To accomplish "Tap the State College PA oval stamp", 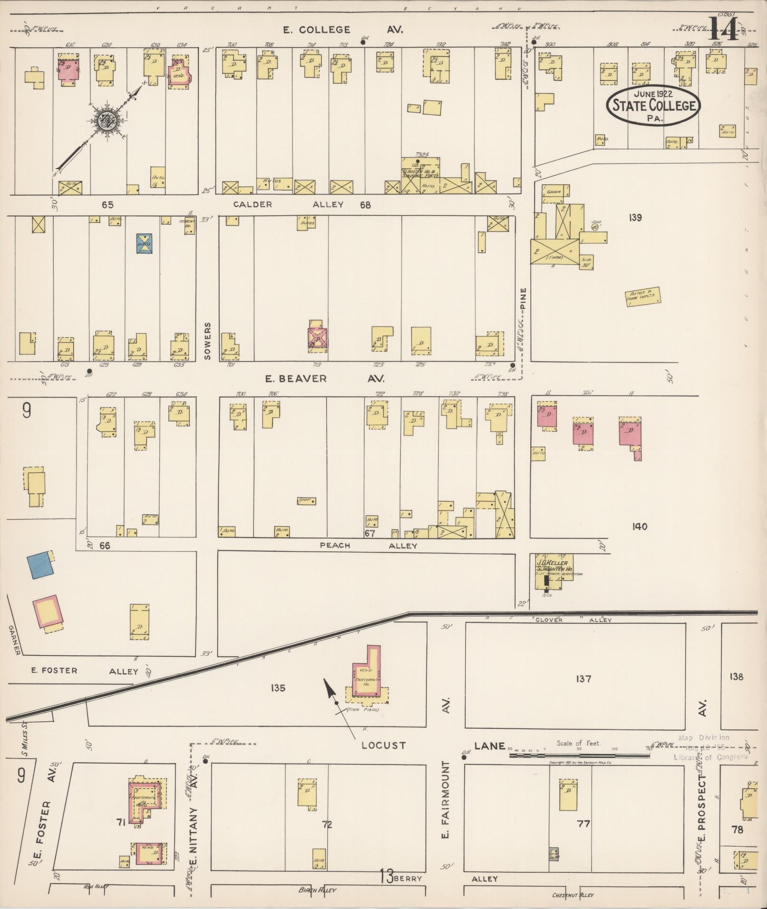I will point(653,105).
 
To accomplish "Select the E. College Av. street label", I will point(342,30).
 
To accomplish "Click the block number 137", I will point(583,679).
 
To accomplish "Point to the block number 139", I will point(635,218).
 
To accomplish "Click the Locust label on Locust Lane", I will point(383,745).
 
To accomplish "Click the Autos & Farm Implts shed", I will point(643,297).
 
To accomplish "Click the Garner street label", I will point(13,640).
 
